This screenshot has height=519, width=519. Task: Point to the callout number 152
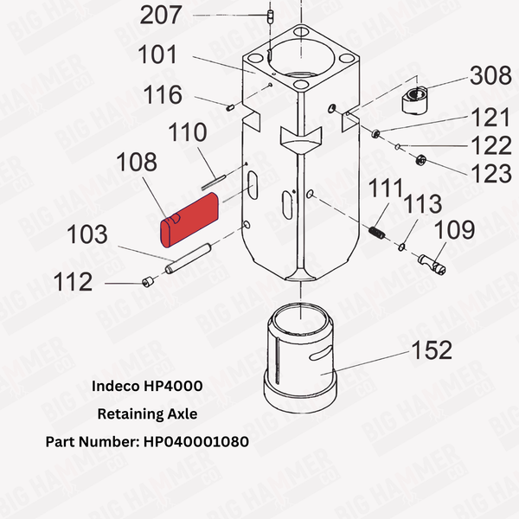coord(430,350)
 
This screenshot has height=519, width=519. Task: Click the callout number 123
coord(490,173)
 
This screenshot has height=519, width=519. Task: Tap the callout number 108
coord(137,163)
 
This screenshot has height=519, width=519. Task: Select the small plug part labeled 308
coord(417,102)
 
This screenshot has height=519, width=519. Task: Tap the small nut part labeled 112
coord(148,280)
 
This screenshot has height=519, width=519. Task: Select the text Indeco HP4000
coord(146,387)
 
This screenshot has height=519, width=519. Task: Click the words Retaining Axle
coord(147,414)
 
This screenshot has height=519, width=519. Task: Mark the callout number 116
coord(163,93)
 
